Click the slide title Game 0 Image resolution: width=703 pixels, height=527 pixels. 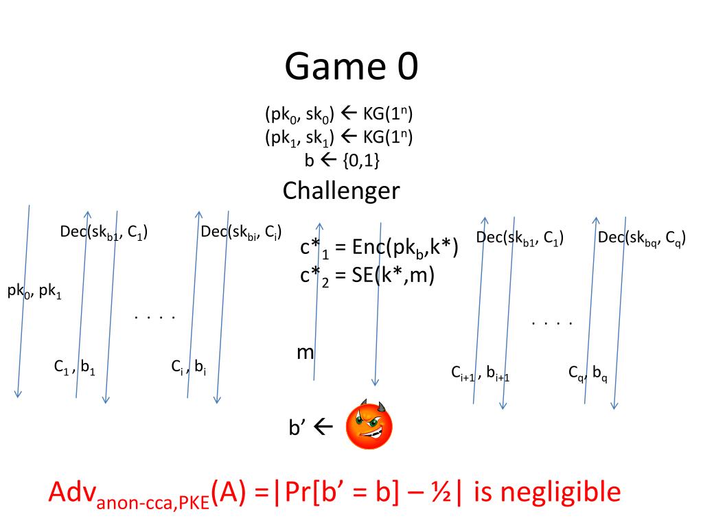coord(351,67)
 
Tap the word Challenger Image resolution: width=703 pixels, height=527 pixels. coord(341,190)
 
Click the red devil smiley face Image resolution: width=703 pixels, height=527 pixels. coord(369,425)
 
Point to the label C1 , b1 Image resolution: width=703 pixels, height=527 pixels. coord(75,368)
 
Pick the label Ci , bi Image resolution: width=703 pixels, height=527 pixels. coord(189,368)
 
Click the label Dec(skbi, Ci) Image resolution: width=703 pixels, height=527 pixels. coord(240,232)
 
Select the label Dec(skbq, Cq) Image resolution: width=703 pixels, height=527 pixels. coord(642,238)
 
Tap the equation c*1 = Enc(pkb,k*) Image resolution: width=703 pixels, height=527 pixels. coord(379,248)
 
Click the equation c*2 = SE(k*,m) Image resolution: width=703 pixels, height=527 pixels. coord(367,277)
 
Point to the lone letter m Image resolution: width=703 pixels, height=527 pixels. coord(305,353)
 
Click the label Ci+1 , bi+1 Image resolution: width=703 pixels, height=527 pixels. coord(485,373)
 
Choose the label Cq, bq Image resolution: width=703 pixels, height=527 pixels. coord(588,374)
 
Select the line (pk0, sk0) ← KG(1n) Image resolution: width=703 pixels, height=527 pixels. coord(338,114)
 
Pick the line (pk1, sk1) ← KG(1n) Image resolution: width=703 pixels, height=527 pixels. coord(338,137)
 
